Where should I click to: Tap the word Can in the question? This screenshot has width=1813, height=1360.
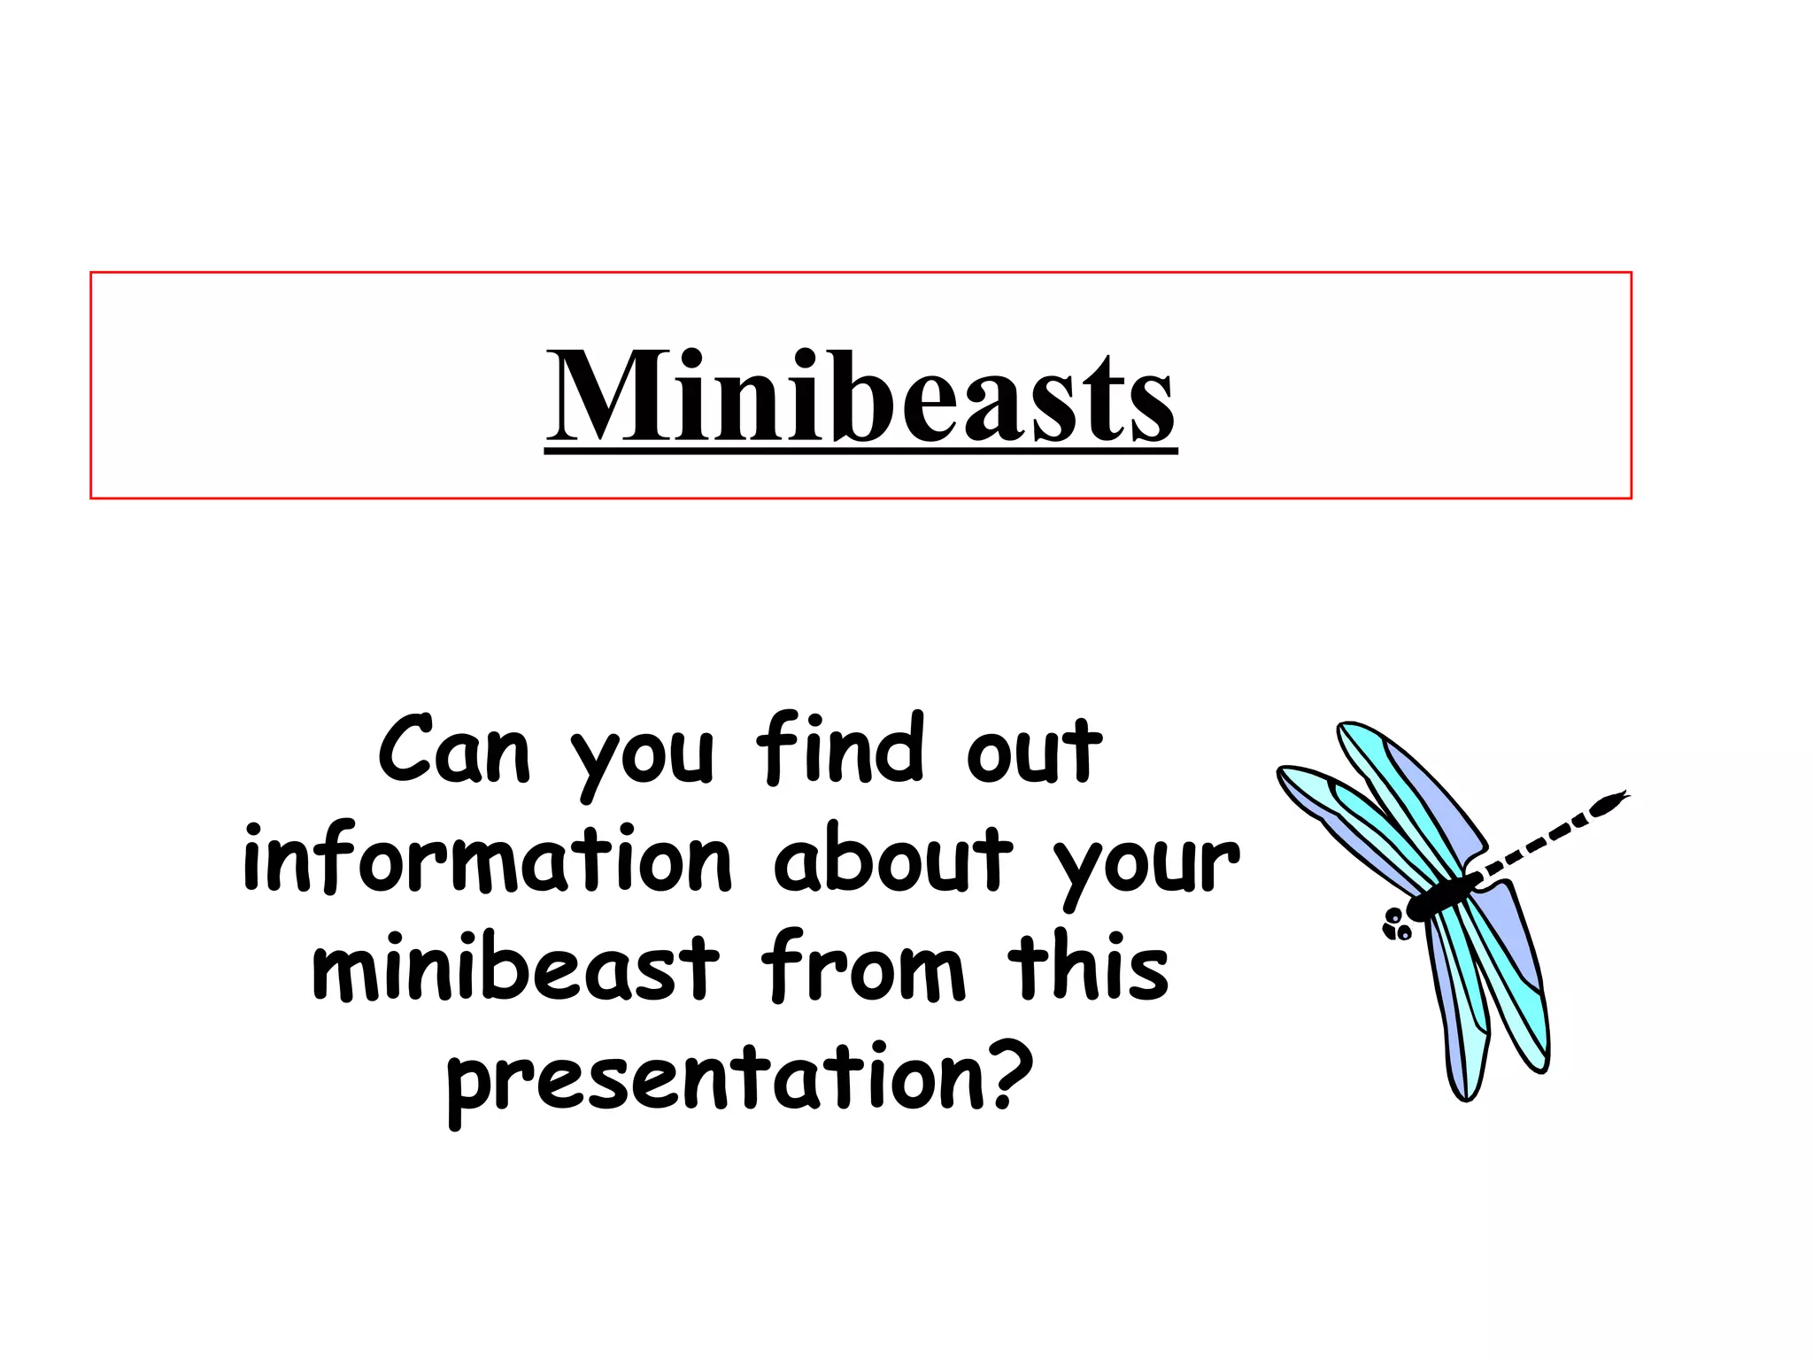(453, 751)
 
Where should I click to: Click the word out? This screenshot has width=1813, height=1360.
(1033, 751)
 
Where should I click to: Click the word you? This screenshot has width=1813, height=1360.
(642, 758)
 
